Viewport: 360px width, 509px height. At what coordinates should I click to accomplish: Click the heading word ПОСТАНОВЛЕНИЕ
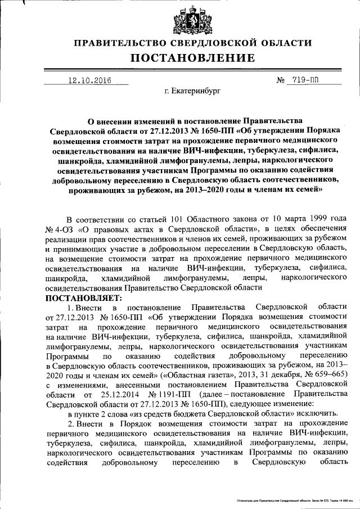[x=193, y=58]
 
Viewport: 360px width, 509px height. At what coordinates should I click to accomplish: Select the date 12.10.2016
[x=89, y=80]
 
